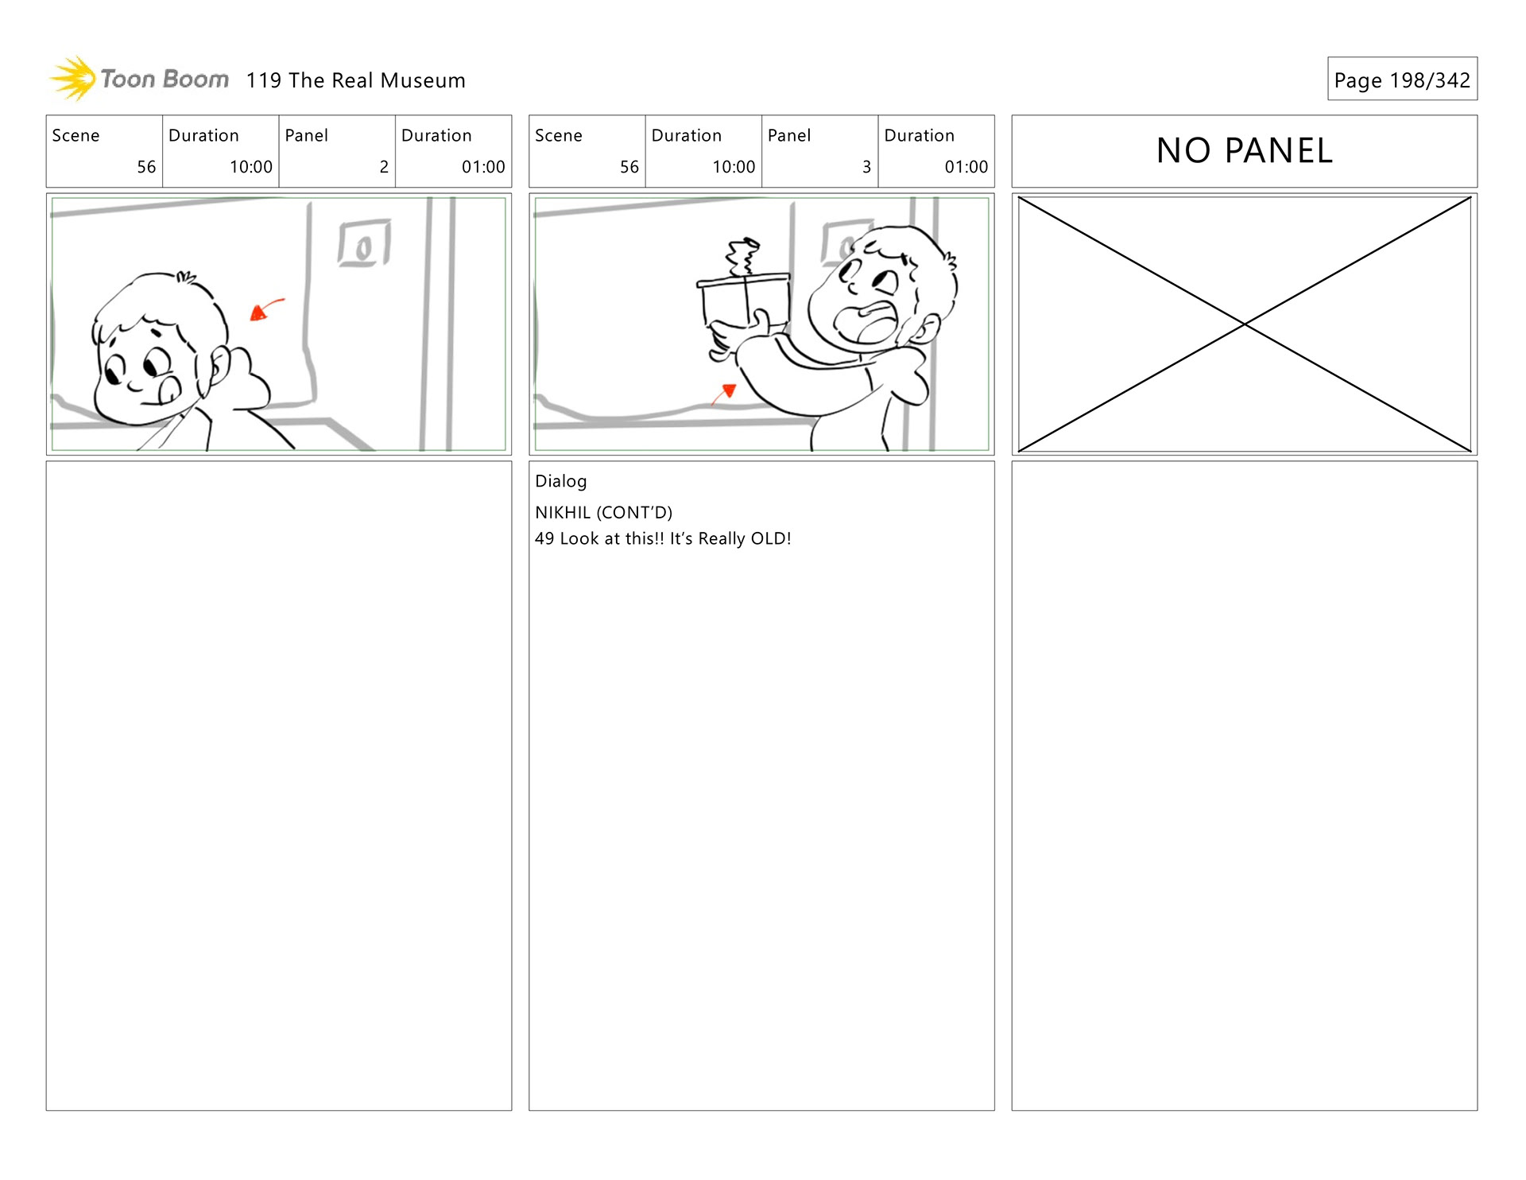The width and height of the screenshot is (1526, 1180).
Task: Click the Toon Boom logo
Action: (139, 79)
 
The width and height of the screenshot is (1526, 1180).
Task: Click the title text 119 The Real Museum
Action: (355, 80)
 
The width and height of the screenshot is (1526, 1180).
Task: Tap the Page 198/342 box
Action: (1402, 79)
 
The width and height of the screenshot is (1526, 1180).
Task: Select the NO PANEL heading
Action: (1244, 150)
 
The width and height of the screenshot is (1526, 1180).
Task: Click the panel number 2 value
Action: (384, 167)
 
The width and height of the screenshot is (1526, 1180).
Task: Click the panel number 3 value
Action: (866, 167)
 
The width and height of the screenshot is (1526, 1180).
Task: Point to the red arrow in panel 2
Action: (266, 309)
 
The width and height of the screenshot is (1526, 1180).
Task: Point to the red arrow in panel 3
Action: (724, 394)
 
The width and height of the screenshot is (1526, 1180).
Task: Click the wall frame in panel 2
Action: (364, 243)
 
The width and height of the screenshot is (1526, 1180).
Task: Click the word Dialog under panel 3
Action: (561, 481)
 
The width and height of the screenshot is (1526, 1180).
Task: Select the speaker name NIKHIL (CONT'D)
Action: (604, 513)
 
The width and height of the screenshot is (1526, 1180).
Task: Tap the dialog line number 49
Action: (544, 538)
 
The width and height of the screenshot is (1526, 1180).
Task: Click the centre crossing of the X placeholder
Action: (1245, 324)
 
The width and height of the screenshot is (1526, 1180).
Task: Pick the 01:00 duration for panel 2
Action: (483, 167)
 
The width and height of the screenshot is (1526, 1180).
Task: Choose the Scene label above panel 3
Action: (559, 135)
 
